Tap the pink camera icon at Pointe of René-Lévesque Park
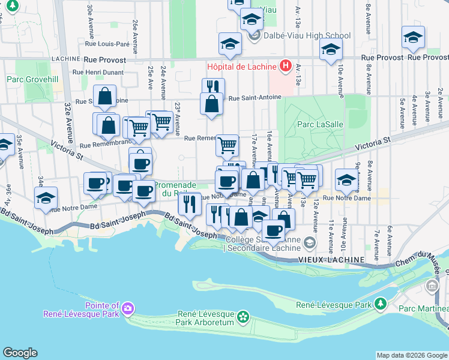pyautogui.click(x=127, y=309)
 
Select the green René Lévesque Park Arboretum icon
pyautogui.click(x=243, y=316)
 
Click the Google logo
pyautogui.click(x=20, y=352)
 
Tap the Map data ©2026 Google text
pyautogui.click(x=412, y=355)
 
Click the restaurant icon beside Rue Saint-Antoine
pyautogui.click(x=213, y=88)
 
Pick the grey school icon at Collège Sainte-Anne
pyautogui.click(x=309, y=243)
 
